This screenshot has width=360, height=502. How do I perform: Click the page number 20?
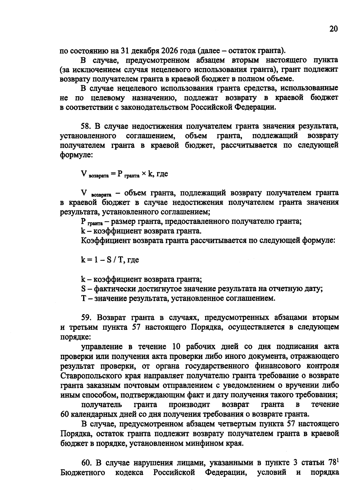(x=334, y=29)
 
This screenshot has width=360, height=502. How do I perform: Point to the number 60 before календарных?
(x=65, y=414)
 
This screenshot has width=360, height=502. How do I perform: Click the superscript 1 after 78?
(x=337, y=460)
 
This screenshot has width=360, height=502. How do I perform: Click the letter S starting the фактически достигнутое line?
(x=83, y=289)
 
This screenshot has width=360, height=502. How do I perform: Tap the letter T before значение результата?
(x=83, y=299)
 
